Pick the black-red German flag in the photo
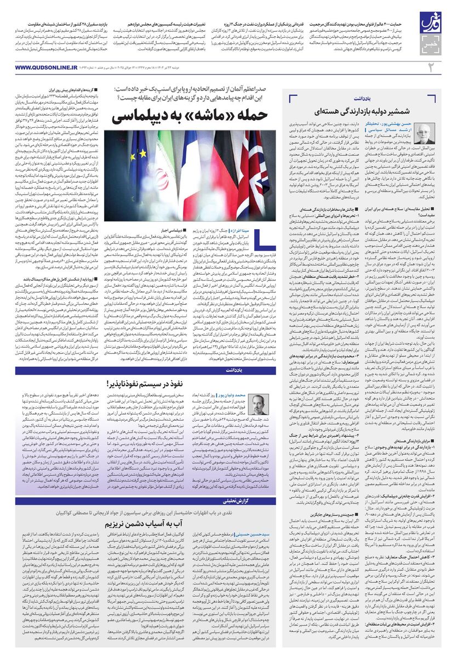point(230,164)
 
